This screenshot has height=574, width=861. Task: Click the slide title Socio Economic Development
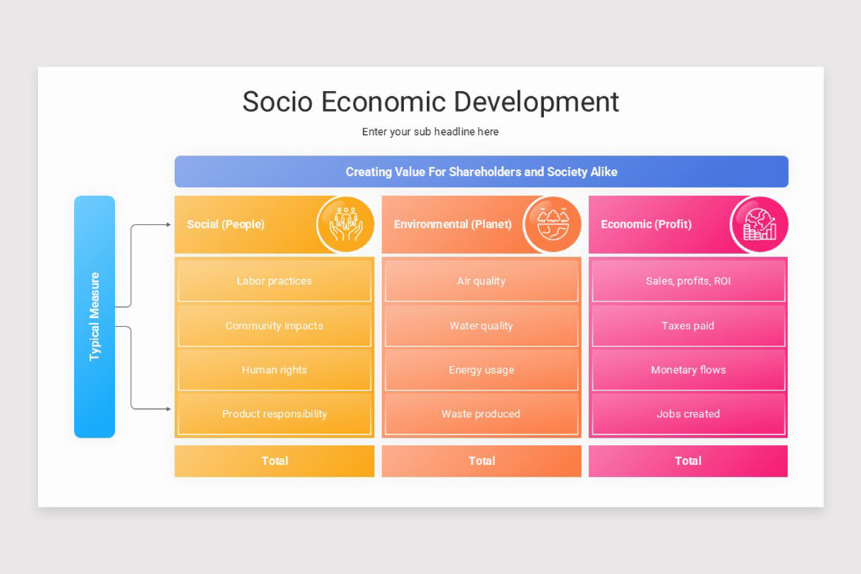430,102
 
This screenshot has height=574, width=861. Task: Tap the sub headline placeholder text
430,132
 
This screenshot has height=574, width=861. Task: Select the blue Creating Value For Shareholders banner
481,172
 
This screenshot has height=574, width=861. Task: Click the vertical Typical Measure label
95,316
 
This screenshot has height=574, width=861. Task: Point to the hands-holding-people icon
346,225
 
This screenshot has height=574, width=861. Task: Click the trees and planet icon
552,225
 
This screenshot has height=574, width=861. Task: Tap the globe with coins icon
759,225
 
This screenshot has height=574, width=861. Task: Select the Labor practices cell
274,281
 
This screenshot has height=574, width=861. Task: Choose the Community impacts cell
274,326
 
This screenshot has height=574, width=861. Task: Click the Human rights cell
274,370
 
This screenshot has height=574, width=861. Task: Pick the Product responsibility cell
274,414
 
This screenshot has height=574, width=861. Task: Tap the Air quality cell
481,281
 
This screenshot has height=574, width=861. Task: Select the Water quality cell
481,326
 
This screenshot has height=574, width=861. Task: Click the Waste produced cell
481,414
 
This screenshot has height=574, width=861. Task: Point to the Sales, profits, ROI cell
688,281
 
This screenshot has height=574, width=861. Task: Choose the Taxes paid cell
688,326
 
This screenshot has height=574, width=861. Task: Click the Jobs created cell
688,414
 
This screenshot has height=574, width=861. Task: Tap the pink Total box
688,461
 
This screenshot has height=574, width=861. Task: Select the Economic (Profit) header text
646,225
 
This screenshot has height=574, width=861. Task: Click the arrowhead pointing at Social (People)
169,225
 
